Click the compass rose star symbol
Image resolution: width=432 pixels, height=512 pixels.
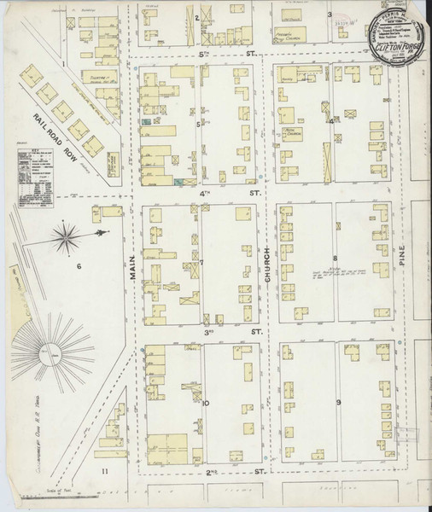(67, 237)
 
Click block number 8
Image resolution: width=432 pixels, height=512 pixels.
(336, 258)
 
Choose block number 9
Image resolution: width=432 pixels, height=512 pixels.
(338, 401)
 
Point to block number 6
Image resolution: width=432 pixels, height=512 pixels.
(78, 267)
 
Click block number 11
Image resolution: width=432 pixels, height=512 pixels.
(104, 470)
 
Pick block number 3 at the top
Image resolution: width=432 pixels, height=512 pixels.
(330, 15)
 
